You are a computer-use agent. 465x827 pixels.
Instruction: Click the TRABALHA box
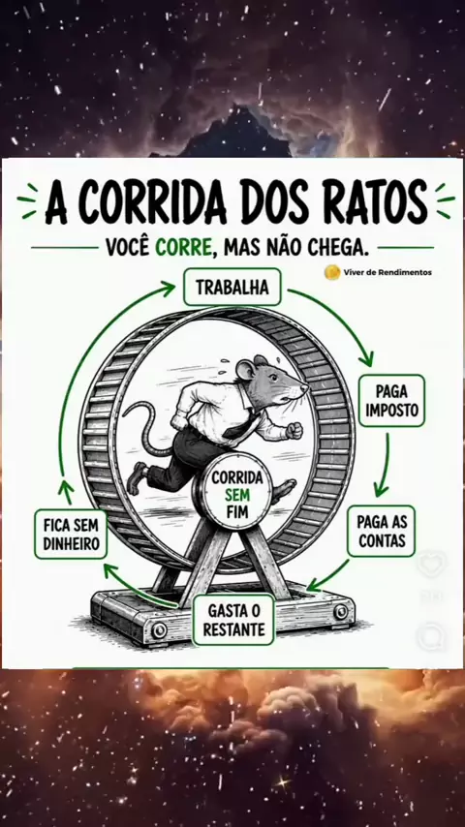coord(232,287)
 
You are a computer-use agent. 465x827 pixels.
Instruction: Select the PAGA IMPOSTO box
coord(391,400)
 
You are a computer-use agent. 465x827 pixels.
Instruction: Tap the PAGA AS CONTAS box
coord(381,531)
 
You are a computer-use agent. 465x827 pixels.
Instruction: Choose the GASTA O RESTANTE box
coord(233,620)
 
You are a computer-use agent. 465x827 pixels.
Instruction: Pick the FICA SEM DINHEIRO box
coord(71,535)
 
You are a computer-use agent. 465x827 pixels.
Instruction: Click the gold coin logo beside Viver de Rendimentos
coord(332,272)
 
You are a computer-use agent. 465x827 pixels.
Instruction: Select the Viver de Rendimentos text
coord(387,272)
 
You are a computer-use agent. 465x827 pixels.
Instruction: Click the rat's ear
coord(246,369)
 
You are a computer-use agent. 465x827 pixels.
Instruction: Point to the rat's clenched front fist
coord(294,430)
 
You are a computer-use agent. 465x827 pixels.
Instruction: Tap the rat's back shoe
coord(137,476)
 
